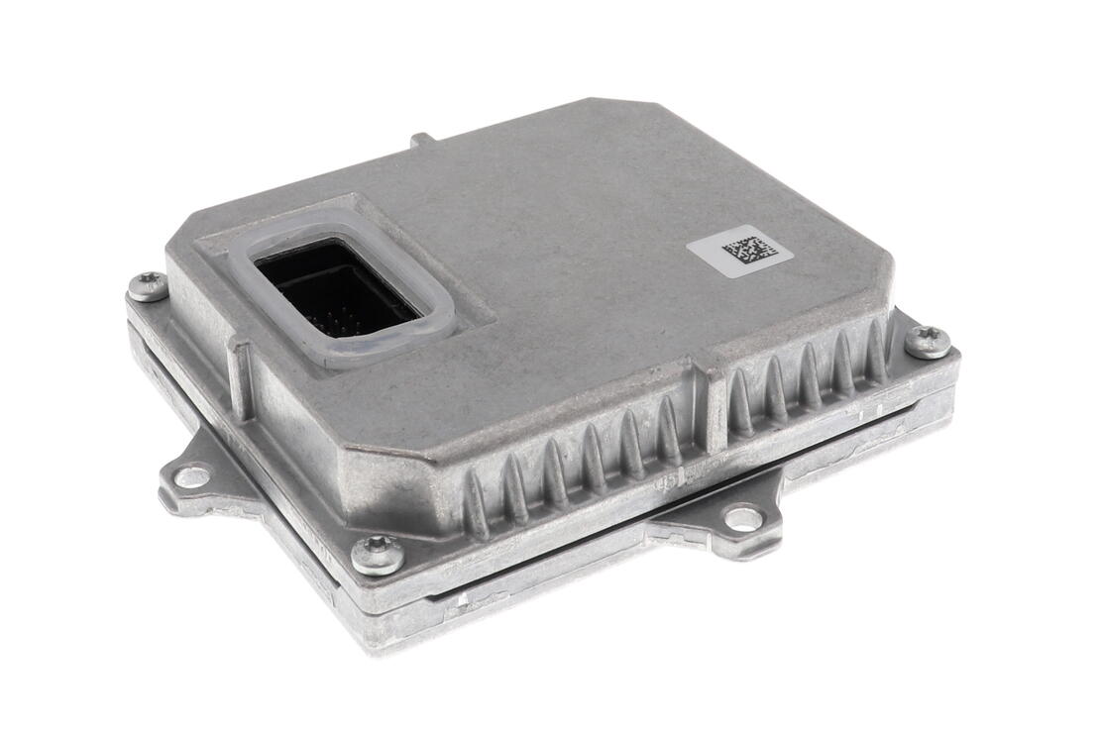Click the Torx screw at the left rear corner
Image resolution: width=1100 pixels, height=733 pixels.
pos(148,286)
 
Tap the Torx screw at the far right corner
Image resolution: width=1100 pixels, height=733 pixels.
pos(929,342)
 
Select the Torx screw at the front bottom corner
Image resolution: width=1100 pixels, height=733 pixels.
pos(378,555)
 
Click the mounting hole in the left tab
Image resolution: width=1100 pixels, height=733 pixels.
pos(191,476)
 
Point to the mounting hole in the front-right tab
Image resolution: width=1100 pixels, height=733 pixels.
pos(743,517)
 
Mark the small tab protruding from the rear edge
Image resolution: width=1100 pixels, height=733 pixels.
pos(422,140)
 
